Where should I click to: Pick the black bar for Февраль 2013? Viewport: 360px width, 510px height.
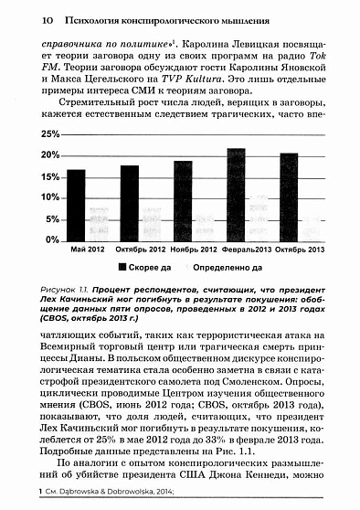pyautogui.click(x=236, y=194)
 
